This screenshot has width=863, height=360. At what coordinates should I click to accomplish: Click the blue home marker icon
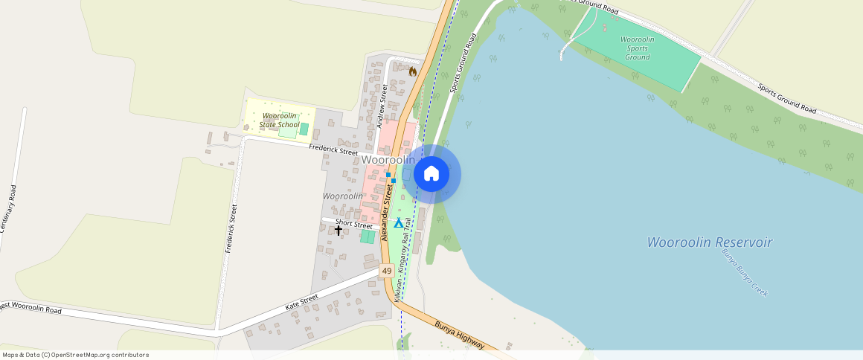point(431,174)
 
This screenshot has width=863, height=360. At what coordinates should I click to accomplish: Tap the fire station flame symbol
point(413,71)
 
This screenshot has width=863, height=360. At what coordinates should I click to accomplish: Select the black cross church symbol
point(339,231)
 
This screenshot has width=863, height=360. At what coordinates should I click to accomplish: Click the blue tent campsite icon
point(399,222)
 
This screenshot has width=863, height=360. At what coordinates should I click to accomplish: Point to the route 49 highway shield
point(387,271)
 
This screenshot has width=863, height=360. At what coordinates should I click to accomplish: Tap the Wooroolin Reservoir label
point(709,242)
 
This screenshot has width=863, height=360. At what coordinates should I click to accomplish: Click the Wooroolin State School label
point(279,120)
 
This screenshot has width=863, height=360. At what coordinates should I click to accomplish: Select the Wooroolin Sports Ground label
point(638,48)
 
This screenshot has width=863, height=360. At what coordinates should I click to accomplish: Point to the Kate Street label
point(302,302)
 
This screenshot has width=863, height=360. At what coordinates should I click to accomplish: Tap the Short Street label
point(353,224)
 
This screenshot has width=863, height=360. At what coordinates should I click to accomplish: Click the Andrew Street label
point(382,105)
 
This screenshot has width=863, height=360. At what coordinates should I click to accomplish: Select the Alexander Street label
point(387,213)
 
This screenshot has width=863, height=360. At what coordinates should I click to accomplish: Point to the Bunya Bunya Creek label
point(743,272)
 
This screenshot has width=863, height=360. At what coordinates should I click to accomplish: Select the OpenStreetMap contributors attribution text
point(75,355)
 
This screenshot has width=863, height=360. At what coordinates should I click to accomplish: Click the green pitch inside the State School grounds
point(304,129)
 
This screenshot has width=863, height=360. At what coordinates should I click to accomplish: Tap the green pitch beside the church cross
point(368,237)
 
